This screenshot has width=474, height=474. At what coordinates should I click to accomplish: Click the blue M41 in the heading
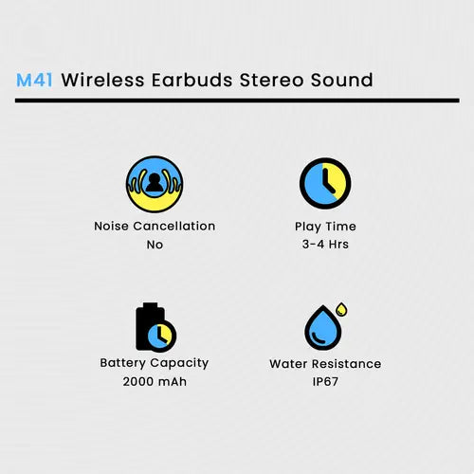tap(34, 80)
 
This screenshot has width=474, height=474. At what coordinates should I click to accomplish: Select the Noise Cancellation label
tap(155, 227)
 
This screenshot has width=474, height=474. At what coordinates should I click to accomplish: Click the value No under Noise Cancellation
tap(155, 245)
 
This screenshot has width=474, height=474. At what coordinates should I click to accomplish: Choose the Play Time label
tap(325, 227)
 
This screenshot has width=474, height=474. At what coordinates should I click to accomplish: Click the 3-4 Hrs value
tap(325, 245)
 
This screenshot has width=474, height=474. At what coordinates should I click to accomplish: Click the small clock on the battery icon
tap(164, 335)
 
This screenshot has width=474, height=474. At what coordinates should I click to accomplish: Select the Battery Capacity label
tap(155, 363)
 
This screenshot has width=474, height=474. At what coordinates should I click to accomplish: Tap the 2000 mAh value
tap(155, 381)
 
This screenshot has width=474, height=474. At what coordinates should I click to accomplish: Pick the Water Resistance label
tap(325, 363)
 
